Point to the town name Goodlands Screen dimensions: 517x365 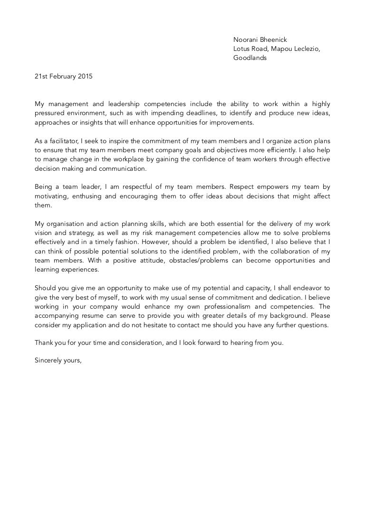[x=250, y=58]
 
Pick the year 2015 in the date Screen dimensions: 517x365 [x=86, y=77]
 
